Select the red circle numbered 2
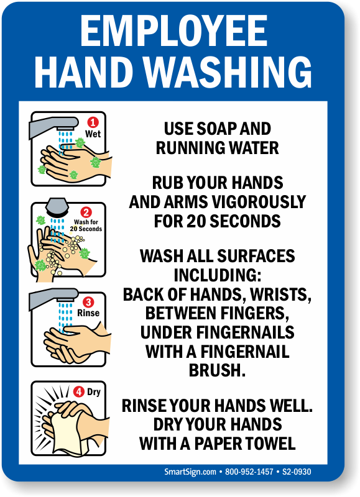86,212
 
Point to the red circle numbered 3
88,303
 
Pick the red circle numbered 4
78,391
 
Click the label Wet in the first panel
93,134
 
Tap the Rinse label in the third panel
89,313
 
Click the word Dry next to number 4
94,391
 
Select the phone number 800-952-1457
249,472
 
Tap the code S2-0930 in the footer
297,472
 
